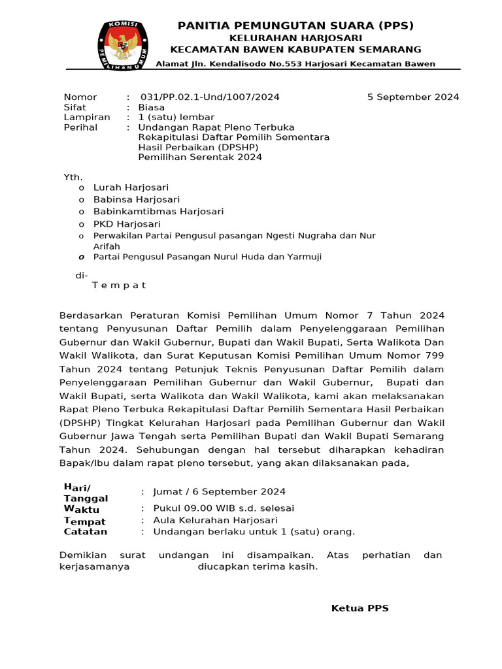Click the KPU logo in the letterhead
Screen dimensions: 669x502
[x=121, y=46]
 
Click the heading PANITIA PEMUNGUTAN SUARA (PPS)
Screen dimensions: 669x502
[x=295, y=25]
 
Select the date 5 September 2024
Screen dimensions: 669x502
[x=413, y=97]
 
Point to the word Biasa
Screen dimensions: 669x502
[x=151, y=107]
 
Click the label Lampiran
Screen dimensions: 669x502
[x=83, y=117]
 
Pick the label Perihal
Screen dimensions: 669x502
[x=80, y=127]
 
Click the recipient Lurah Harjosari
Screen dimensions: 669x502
[x=131, y=188]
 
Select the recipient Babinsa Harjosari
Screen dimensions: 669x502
[x=137, y=199]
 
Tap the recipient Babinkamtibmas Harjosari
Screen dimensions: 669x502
[x=158, y=211]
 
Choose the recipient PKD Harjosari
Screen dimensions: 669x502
[x=127, y=223]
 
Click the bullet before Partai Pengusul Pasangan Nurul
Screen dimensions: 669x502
[x=81, y=257]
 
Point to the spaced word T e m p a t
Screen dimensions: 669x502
[x=119, y=286]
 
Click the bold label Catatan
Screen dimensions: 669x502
[x=85, y=532]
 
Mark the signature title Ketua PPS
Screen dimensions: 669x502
[x=360, y=608]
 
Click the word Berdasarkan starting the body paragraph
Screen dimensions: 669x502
[x=92, y=316]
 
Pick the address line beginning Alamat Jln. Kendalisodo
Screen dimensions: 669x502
[x=295, y=63]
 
